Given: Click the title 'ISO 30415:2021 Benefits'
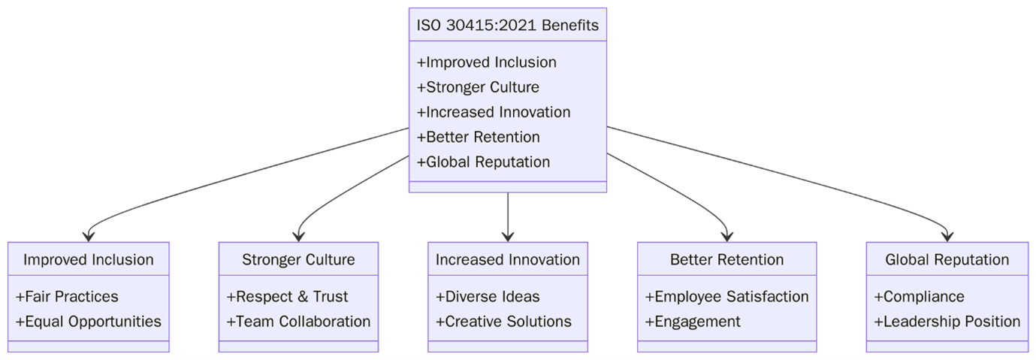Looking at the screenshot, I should point(507,26).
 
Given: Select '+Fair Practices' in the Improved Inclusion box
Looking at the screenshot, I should point(67,297).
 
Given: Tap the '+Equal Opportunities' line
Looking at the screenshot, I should point(88,322).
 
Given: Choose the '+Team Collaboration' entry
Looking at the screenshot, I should point(298,322).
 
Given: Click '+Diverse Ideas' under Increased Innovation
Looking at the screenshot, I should point(488,297).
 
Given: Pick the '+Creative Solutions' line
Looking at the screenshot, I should point(503,322).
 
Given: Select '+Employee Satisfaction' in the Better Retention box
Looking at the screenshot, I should point(726,297).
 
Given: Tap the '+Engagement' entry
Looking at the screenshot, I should point(693,322).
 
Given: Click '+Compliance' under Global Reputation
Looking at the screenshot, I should point(919,297).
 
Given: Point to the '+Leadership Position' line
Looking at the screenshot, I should point(947,322).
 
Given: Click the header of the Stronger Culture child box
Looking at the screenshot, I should point(298,260).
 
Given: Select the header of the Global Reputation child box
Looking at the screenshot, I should point(947,260).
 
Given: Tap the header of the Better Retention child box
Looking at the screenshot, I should point(726,260).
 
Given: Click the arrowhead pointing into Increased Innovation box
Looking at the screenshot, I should point(508,237).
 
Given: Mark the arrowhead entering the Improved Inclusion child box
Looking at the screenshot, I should point(89,237).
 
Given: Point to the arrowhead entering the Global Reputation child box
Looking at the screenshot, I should point(947,237).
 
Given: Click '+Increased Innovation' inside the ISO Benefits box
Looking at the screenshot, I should point(494,112).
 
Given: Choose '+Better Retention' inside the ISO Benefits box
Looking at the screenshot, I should point(478,137).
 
